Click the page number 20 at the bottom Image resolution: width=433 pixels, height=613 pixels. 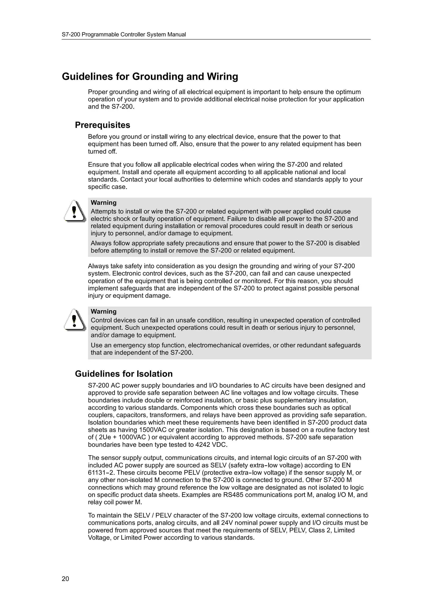pyautogui.click(x=65, y=579)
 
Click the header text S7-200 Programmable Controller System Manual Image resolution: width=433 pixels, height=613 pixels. pyautogui.click(x=124, y=34)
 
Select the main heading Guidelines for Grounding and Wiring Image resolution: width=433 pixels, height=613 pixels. pyautogui.click(x=150, y=77)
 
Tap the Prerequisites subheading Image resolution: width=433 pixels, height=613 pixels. pyautogui.click(x=103, y=125)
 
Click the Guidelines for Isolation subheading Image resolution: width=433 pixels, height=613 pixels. pyautogui.click(x=124, y=374)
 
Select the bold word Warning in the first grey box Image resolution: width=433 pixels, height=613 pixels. pyautogui.click(x=104, y=203)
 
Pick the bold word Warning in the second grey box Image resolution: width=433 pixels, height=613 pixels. pyautogui.click(x=104, y=312)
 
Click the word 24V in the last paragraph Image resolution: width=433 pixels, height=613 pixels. pyautogui.click(x=227, y=523)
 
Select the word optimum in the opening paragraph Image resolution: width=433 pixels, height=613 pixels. pyautogui.click(x=348, y=92)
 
